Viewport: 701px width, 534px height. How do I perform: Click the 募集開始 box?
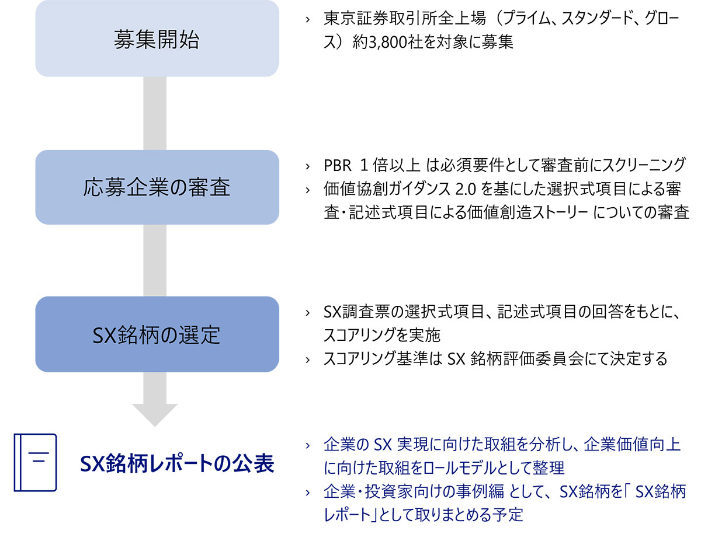point(157,39)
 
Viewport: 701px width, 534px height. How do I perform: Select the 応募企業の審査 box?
point(157,187)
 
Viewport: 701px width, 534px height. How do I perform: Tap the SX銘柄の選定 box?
point(157,334)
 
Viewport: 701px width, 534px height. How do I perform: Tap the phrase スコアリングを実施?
point(381,336)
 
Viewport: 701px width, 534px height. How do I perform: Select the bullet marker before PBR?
point(307,166)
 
